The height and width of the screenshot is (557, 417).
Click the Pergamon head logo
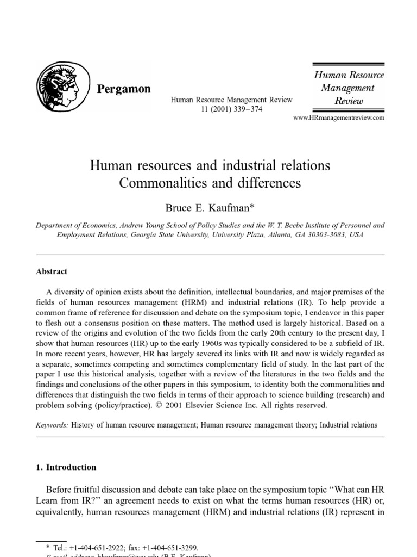pyautogui.click(x=58, y=86)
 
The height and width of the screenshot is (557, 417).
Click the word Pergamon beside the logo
pyautogui.click(x=123, y=89)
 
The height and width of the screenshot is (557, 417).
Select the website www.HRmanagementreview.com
pyautogui.click(x=338, y=117)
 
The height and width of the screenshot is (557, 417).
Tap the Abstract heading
pyautogui.click(x=52, y=271)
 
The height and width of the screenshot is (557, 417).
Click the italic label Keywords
pyautogui.click(x=52, y=424)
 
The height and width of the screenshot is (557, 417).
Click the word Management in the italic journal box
pyautogui.click(x=347, y=88)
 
